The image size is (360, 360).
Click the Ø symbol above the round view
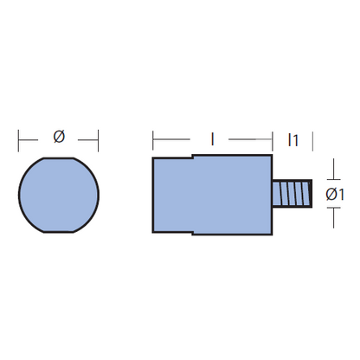tap(59, 137)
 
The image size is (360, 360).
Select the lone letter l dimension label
tap(213, 138)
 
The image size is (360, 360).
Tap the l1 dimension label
tap(292, 140)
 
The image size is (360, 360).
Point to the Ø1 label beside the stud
tap(335, 195)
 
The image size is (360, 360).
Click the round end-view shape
tap(59, 195)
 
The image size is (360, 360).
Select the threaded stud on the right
tap(292, 193)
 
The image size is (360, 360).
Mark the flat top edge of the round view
tap(59, 158)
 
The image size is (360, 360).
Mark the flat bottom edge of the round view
tap(59, 232)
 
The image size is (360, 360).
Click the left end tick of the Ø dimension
tap(18, 140)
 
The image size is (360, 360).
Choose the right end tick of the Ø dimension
tap(99, 140)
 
